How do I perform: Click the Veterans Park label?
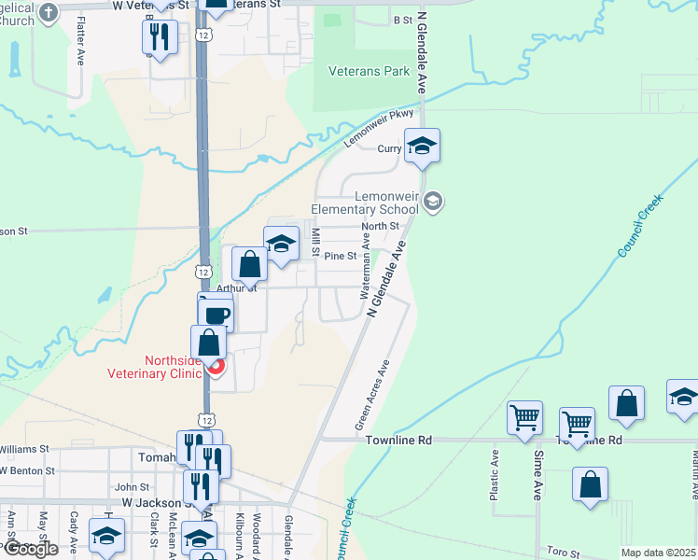coord(370,71)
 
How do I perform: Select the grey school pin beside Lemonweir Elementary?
coord(433,201)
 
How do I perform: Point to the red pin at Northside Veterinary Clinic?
coord(216,366)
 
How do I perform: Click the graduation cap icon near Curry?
coord(422,147)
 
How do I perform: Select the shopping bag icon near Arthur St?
coord(250,265)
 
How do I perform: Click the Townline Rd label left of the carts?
coord(399,440)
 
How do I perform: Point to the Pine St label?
coord(340,256)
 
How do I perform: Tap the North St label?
coord(380,226)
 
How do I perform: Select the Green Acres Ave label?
coord(371,396)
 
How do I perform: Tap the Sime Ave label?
coord(537,474)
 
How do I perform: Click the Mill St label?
coord(316,241)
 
